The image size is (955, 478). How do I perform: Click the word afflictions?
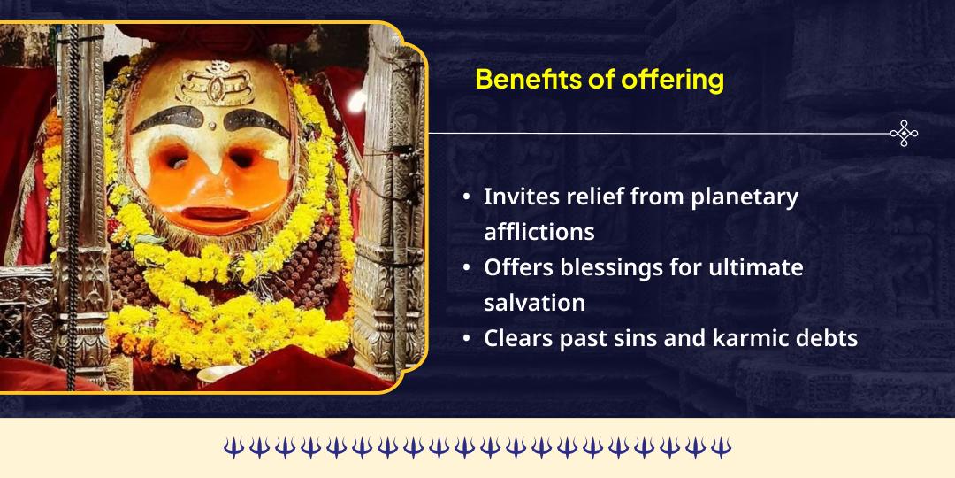[x=539, y=231]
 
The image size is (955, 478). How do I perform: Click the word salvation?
[x=534, y=303]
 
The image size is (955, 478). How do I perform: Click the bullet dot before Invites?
[x=466, y=197]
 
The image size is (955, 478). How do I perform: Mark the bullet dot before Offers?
[x=466, y=268]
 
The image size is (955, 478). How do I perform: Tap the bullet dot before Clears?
[x=466, y=339]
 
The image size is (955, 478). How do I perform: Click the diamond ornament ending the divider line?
[x=904, y=134]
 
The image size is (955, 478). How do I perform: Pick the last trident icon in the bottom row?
[x=722, y=448]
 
